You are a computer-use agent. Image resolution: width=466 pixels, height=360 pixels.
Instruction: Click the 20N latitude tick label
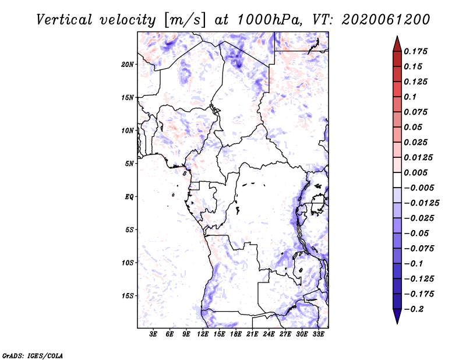click(128, 65)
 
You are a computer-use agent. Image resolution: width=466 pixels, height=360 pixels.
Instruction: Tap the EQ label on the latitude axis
click(129, 197)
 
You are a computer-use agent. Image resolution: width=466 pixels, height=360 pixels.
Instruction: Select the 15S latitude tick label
click(128, 296)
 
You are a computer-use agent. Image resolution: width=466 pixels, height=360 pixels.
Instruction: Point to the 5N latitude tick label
click(129, 164)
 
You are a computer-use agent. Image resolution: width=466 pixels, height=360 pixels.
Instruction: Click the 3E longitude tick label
click(153, 334)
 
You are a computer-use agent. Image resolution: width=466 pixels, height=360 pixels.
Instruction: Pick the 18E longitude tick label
click(236, 334)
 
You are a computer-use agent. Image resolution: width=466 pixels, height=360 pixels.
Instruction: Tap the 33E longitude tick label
click(318, 334)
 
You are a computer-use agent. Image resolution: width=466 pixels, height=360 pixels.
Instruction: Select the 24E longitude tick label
click(269, 334)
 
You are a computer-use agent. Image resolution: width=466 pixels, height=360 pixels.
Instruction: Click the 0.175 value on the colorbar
click(415, 51)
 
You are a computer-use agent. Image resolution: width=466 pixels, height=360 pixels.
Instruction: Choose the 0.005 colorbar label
click(415, 172)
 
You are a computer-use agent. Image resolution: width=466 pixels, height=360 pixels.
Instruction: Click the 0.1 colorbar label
click(410, 97)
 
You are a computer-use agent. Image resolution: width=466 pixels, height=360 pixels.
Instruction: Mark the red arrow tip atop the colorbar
click(397, 36)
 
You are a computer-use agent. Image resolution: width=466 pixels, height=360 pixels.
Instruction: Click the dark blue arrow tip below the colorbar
click(397, 323)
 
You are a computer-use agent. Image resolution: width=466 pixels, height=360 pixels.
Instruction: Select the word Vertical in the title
click(64, 20)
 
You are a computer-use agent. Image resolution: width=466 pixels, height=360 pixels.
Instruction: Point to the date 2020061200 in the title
click(386, 20)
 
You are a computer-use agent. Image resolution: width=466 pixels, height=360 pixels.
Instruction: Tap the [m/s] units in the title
click(184, 20)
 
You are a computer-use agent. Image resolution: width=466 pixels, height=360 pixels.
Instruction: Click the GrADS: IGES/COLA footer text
click(33, 355)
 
